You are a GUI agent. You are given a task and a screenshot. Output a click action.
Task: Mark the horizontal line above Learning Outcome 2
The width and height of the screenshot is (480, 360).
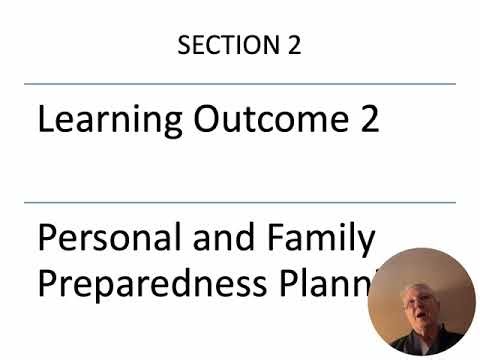240,84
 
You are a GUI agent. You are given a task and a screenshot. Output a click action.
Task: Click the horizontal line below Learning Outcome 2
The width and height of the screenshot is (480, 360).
240,203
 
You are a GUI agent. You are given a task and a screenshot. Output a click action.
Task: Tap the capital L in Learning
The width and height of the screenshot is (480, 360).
45,121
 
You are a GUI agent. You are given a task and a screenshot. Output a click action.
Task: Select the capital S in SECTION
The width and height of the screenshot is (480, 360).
184,46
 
